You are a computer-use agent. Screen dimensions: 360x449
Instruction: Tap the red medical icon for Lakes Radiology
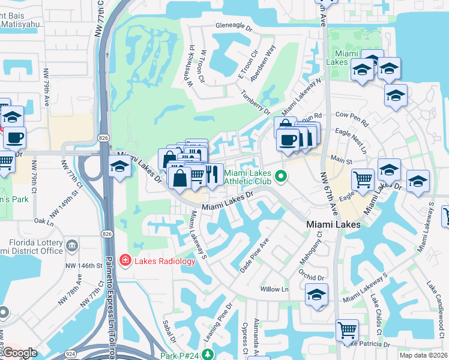[125, 260]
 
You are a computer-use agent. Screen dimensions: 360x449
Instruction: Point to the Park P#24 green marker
[207, 355]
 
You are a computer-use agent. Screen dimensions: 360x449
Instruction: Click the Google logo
[19, 353]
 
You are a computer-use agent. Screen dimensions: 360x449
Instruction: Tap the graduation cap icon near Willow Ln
[316, 295]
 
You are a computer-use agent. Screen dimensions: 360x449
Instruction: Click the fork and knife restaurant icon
[212, 173]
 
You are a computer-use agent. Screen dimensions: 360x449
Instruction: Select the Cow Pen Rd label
[352, 118]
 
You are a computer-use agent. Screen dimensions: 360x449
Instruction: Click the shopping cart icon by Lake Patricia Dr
[347, 329]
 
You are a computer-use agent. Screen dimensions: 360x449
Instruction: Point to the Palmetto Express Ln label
[110, 300]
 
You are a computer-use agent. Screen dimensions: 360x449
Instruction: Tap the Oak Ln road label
[44, 220]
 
